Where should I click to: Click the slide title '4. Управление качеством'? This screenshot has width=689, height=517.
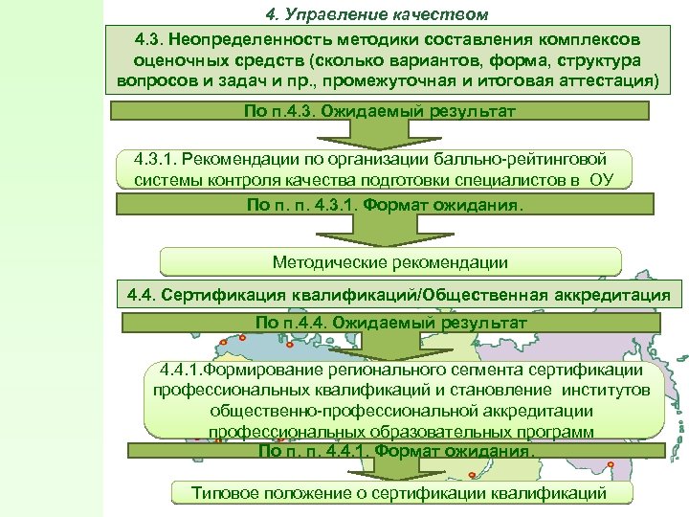[x=376, y=14]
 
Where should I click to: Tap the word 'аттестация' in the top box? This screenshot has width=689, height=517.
[x=609, y=80]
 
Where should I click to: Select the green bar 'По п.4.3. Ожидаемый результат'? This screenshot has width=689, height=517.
[x=380, y=111]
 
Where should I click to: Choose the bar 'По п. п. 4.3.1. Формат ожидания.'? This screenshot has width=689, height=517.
[x=386, y=205]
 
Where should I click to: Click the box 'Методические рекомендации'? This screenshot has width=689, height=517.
[x=390, y=261]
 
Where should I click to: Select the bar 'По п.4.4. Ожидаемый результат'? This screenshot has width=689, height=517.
[x=390, y=323]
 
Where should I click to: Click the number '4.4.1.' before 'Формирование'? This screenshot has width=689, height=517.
[x=181, y=370]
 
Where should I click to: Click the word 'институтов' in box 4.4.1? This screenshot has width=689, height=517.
[x=605, y=390]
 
